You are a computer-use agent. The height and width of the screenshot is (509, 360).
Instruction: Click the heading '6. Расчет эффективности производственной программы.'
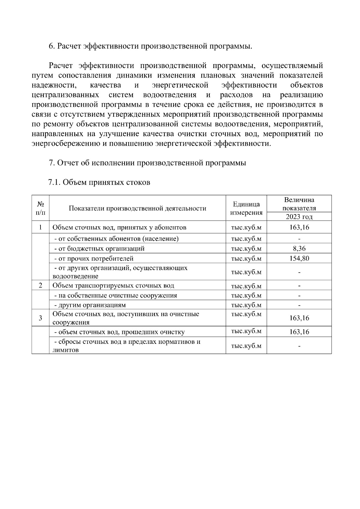(x=150, y=46)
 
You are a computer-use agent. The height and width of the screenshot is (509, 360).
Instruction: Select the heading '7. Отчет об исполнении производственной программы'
(x=147, y=163)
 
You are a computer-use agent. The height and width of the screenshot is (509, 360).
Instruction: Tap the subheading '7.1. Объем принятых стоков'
(x=99, y=182)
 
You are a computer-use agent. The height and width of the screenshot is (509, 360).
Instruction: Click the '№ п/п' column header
(x=40, y=208)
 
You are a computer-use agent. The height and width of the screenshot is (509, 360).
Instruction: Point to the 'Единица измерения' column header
(x=246, y=208)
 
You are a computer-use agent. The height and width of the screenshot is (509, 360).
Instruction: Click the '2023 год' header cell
(x=299, y=217)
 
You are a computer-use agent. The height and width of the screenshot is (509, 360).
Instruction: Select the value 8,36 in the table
(x=299, y=249)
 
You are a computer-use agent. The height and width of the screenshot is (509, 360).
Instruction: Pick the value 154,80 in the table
(x=299, y=258)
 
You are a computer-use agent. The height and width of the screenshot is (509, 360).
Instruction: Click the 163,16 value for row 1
(x=299, y=227)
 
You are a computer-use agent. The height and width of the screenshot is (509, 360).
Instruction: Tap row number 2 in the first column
(x=40, y=285)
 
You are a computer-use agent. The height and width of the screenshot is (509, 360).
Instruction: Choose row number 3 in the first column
(x=40, y=318)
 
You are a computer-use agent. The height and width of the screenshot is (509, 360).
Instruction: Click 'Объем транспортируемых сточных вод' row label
(x=113, y=286)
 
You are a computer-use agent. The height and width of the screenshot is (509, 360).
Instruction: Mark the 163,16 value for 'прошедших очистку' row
(x=299, y=332)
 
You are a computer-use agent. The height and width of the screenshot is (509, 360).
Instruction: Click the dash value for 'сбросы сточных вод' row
(x=299, y=346)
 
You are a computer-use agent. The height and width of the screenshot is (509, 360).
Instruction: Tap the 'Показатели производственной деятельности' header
(x=137, y=208)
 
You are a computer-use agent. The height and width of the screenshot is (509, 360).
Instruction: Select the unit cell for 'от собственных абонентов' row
(x=246, y=239)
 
